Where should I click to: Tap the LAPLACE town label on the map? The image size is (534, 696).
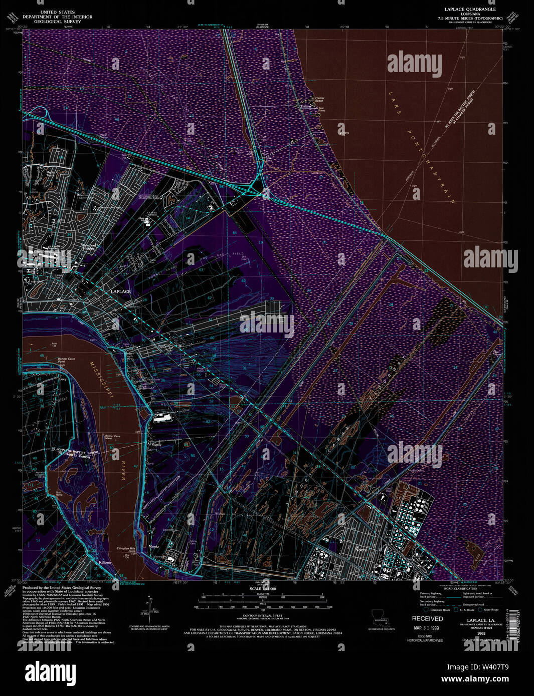pyautogui.click(x=120, y=291)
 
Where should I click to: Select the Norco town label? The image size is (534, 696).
pyautogui.click(x=361, y=549)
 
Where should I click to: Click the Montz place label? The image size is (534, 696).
pyautogui.click(x=153, y=546)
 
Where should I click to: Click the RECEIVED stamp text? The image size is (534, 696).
pyautogui.click(x=427, y=618)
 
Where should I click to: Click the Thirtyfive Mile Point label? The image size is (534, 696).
pyautogui.click(x=126, y=550)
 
